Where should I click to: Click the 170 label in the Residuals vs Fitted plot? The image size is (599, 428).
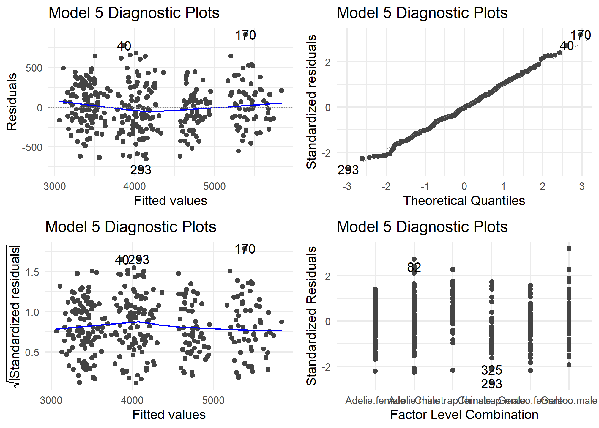(x=245, y=35)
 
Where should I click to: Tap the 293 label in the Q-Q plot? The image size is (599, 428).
(x=348, y=170)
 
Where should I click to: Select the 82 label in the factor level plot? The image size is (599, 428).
(x=414, y=267)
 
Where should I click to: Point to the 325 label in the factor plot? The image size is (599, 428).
(x=491, y=370)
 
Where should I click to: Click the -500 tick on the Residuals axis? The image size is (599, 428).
(x=32, y=147)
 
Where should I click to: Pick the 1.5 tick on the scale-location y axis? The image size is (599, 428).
(x=32, y=272)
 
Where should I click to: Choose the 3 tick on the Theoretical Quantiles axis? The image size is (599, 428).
(x=582, y=187)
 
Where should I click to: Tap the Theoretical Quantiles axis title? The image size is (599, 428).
(x=464, y=201)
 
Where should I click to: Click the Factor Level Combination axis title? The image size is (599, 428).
(x=464, y=415)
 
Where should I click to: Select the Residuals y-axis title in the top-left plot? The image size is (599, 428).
(x=12, y=102)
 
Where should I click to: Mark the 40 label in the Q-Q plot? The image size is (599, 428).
(x=566, y=46)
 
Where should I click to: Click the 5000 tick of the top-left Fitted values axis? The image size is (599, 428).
(x=214, y=187)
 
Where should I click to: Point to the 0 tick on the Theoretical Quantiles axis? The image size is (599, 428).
(x=464, y=187)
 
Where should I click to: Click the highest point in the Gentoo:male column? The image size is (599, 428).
(x=569, y=248)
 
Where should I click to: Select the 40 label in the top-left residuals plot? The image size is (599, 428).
(x=124, y=46)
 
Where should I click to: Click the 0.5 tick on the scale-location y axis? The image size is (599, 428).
(x=32, y=353)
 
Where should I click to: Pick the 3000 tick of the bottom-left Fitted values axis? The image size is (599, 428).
(x=51, y=400)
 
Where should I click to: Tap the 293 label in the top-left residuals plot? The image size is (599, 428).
(x=141, y=170)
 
